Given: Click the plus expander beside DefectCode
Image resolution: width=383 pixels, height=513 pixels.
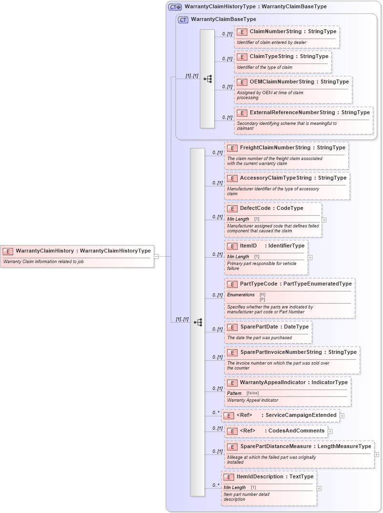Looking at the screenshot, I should (324, 220).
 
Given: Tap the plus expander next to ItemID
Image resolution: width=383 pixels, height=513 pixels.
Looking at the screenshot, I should (310, 257).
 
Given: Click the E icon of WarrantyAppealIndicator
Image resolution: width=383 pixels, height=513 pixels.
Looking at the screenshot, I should (232, 383).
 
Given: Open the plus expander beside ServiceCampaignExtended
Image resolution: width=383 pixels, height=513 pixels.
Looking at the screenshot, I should (342, 416).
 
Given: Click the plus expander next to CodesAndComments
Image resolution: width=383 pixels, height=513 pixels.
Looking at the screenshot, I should (330, 431).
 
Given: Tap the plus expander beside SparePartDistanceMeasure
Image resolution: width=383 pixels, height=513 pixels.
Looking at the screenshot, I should (377, 454).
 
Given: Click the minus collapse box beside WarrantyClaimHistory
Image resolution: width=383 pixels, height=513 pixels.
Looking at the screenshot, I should (156, 256).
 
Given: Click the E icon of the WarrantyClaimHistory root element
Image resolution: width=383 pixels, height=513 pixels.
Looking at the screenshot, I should (8, 251).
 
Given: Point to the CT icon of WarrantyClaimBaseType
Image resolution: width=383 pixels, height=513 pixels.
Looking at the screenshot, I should (183, 20).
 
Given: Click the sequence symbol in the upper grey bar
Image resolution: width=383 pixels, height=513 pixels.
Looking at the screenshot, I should (207, 79).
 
